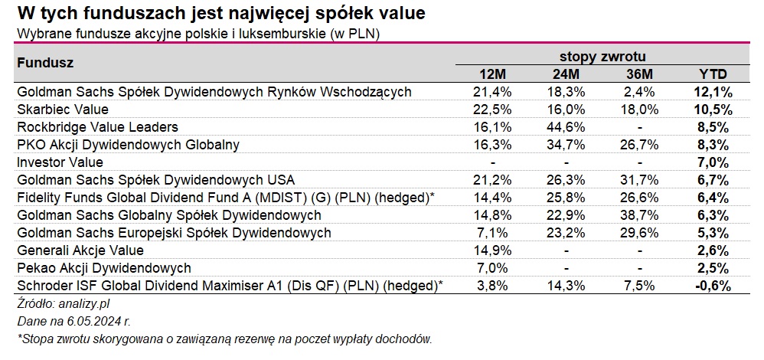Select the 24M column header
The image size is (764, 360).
[565, 74]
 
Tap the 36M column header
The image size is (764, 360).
[637, 74]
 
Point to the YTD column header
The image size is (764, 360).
[713, 74]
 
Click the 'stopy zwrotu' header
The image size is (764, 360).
[602, 57]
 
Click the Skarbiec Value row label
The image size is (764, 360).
[62, 109]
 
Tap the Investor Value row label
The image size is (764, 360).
[60, 162]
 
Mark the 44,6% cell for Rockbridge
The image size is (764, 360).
[565, 126]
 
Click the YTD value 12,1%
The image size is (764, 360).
[713, 92]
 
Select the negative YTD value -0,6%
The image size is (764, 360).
[713, 286]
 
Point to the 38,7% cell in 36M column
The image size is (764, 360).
[637, 214]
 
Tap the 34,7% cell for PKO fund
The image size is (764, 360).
[565, 144]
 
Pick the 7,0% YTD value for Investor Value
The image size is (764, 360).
[713, 162]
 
